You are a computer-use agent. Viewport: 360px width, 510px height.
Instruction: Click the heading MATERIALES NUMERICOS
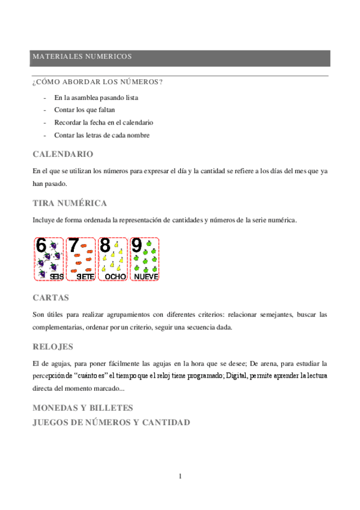tap(82, 57)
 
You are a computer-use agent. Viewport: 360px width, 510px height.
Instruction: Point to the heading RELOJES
tap(53, 346)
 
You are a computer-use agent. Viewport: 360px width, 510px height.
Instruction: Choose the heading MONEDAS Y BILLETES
tap(82, 408)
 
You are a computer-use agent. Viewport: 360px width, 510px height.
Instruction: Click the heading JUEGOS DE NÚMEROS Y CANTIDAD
tap(111, 422)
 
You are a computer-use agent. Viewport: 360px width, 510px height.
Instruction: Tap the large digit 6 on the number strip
tap(41, 246)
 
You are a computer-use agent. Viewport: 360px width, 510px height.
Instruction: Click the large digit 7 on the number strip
tap(73, 246)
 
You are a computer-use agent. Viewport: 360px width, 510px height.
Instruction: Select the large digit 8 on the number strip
tap(105, 246)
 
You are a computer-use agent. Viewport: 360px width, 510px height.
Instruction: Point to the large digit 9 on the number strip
tap(137, 246)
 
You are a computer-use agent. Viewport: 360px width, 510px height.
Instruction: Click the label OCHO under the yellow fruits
tap(115, 276)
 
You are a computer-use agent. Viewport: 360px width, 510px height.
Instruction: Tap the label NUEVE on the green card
tap(146, 276)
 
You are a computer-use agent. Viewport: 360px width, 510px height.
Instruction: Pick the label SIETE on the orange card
tap(85, 276)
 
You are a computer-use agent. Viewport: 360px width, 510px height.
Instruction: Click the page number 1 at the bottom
tap(180, 476)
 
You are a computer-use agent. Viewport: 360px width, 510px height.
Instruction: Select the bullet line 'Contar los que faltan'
tap(84, 110)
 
